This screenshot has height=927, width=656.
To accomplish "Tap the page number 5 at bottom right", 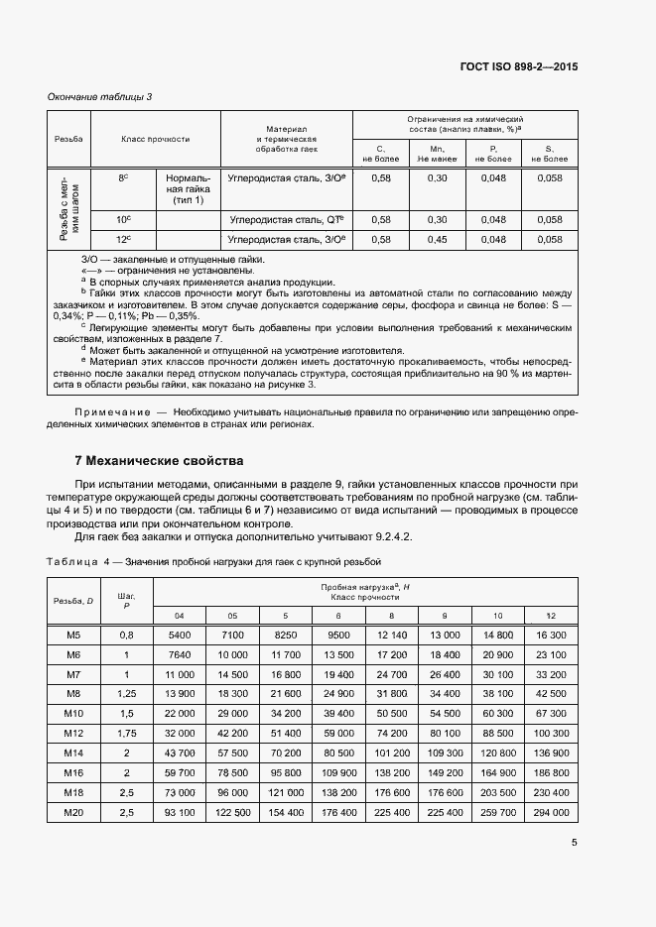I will click(575, 843).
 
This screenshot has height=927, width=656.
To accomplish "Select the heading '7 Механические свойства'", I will click(159, 461).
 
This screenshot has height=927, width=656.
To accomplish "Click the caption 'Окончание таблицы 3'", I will click(100, 96).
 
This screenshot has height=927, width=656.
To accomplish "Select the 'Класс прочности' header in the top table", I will click(156, 140).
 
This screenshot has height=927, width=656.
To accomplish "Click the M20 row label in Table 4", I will click(72, 812).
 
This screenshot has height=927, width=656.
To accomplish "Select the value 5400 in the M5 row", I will click(179, 634).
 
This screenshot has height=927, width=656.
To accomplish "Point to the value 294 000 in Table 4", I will click(552, 812).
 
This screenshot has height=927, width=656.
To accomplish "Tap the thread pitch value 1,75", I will click(126, 733).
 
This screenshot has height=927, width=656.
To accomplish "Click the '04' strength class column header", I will click(179, 615).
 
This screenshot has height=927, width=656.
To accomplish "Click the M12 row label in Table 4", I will click(72, 733).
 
